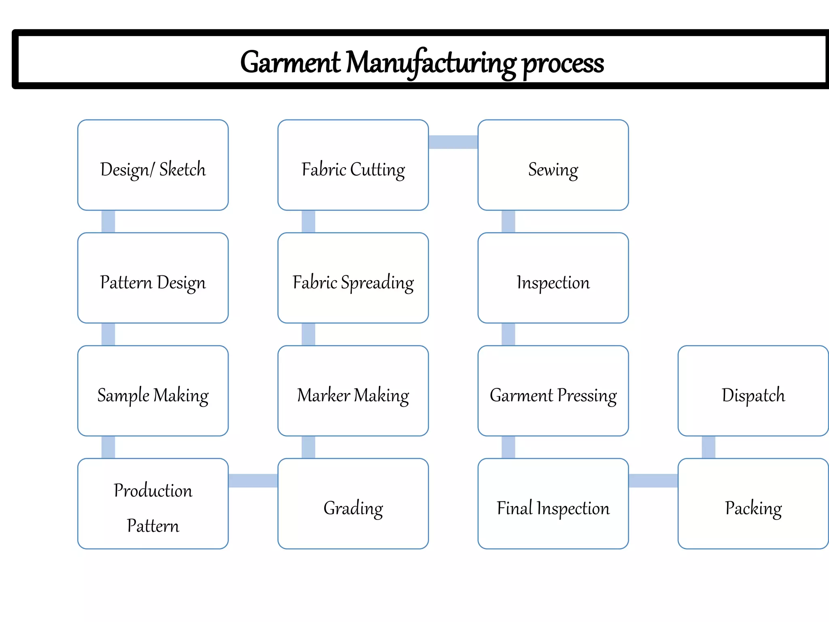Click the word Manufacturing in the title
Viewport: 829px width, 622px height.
coord(431,63)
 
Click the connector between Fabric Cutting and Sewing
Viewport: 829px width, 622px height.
coord(453,142)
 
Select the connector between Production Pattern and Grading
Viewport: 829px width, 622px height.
coord(253,481)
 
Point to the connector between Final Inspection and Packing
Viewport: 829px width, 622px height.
coord(653,481)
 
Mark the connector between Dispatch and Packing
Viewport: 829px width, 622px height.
coord(708,447)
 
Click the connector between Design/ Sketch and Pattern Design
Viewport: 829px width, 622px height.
coord(108,222)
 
